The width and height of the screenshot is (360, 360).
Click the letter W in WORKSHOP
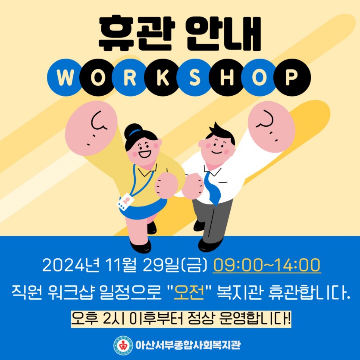click(66, 77)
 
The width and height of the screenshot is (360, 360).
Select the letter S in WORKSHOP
click(195, 77)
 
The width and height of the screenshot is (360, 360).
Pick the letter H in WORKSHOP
click(227, 77)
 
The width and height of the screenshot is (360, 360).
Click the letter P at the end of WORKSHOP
click(291, 77)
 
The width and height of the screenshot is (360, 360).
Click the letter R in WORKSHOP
click(130, 77)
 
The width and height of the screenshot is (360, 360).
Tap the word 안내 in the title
click(224, 33)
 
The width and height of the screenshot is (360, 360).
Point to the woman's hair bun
click(133, 131)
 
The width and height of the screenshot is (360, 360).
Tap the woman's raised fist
click(91, 128)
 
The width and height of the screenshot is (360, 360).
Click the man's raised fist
click(271, 127)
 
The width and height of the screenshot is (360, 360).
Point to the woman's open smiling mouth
click(144, 153)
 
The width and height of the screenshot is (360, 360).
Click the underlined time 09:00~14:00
click(267, 265)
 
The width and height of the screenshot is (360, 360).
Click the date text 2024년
click(71, 265)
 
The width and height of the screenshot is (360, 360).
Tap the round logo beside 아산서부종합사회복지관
click(123, 344)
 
